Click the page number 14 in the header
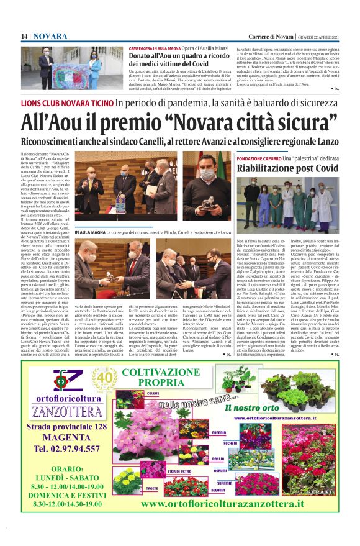click(24, 36)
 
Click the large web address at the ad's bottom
click(223, 504)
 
